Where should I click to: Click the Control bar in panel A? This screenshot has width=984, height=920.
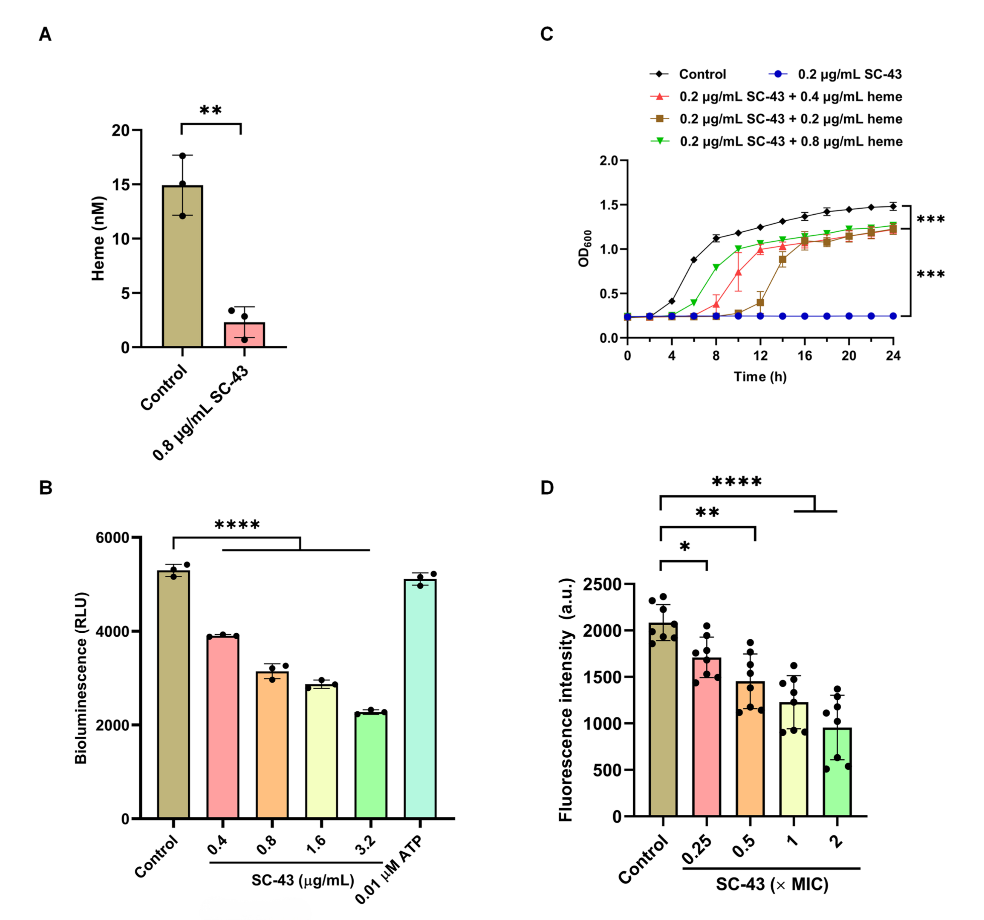(183, 267)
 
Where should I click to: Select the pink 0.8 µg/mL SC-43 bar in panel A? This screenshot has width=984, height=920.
(244, 335)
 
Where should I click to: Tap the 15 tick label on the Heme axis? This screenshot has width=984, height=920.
(120, 185)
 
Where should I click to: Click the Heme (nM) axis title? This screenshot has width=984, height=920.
(98, 239)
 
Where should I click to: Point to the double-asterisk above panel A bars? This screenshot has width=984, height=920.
(211, 110)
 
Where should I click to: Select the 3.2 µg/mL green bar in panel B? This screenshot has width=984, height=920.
(371, 765)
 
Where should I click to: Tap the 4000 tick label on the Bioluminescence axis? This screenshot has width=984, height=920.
(112, 632)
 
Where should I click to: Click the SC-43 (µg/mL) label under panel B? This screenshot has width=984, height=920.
(303, 880)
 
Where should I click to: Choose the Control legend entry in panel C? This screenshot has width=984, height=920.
(688, 74)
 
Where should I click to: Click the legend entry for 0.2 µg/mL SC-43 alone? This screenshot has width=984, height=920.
(835, 74)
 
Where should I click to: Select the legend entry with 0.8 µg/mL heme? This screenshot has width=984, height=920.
(776, 142)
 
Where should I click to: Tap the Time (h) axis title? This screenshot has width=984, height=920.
(760, 377)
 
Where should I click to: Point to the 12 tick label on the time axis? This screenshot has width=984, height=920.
(760, 356)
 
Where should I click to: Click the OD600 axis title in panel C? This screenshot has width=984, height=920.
(584, 249)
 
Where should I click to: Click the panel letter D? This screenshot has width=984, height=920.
(547, 488)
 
